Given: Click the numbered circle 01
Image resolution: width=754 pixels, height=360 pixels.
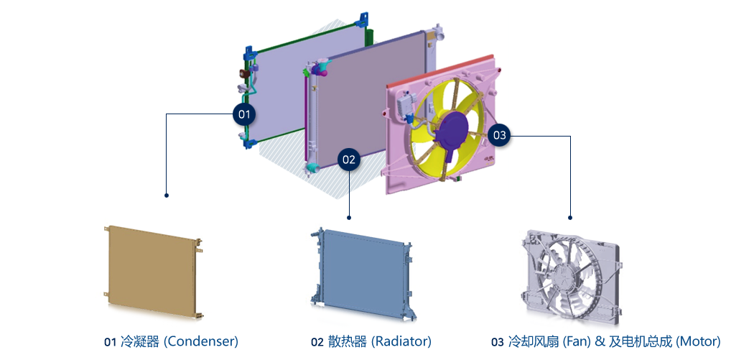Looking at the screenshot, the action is (x=244, y=114).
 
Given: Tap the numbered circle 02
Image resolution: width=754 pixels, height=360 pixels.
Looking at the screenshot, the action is (x=350, y=160).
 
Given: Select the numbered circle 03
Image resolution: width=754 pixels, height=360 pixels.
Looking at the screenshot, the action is (x=500, y=135).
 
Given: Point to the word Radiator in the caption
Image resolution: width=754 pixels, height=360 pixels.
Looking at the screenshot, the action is (x=401, y=342).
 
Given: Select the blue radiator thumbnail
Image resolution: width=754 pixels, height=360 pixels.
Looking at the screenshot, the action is (x=362, y=273).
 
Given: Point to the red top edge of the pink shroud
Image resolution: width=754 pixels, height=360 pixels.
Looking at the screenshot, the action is (x=439, y=70).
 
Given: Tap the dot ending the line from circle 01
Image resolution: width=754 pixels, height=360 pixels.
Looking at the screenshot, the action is (x=167, y=195).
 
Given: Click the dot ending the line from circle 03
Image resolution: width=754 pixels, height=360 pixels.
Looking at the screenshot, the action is (x=570, y=218).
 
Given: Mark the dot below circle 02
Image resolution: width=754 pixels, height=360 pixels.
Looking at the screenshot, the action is (x=350, y=218).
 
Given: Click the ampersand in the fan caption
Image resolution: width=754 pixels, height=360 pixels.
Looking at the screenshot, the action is (x=600, y=342).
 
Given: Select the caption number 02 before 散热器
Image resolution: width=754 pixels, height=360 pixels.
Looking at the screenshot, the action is (x=317, y=342).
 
